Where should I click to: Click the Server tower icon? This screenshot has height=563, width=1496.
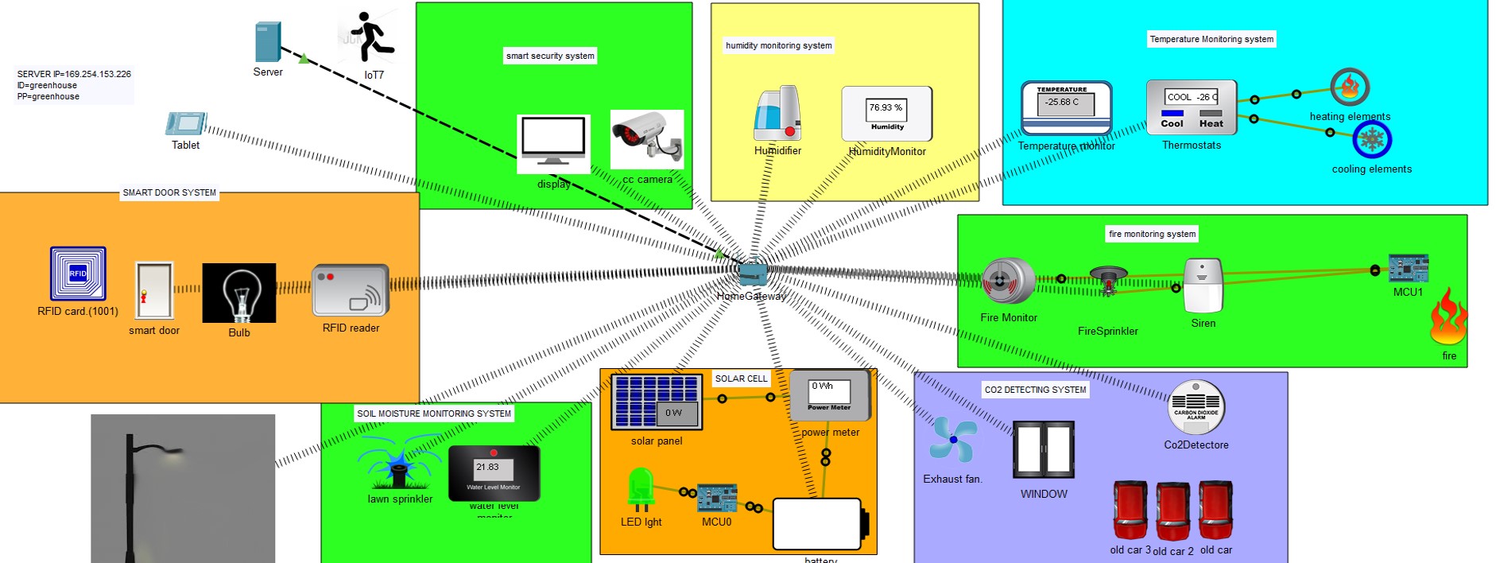click(x=268, y=41)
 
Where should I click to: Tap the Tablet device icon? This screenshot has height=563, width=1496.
click(x=186, y=124)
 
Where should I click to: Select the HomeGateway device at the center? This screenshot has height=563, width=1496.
click(x=752, y=274)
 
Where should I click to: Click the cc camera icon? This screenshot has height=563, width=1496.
click(x=647, y=138)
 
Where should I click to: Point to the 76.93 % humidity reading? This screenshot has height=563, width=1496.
click(x=886, y=107)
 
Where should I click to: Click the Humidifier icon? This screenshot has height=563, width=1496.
click(x=777, y=114)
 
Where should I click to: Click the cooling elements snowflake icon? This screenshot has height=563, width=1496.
click(x=1372, y=141)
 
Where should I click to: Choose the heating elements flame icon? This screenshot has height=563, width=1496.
click(x=1350, y=87)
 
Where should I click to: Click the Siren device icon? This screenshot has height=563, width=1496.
click(x=1203, y=285)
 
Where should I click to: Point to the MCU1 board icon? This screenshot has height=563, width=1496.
click(x=1408, y=269)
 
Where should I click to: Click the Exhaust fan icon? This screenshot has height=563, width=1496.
click(x=952, y=441)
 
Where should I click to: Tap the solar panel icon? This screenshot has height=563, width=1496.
click(x=657, y=402)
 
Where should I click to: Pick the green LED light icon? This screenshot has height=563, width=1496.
click(x=641, y=488)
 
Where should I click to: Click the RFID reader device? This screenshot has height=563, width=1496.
click(x=351, y=290)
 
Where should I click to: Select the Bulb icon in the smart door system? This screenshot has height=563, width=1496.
click(x=239, y=293)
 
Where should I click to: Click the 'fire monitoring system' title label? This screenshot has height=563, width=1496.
click(x=1152, y=234)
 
